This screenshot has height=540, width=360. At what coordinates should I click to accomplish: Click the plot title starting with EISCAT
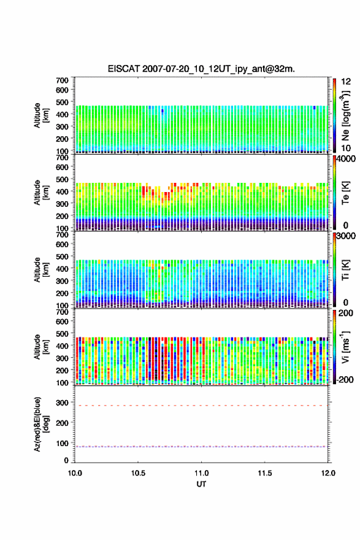tap(201, 69)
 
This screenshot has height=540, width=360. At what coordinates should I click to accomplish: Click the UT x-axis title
tap(201, 484)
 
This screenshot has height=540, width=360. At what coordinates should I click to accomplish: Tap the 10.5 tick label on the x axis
tap(137, 473)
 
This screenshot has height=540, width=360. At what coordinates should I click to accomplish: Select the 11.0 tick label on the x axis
tap(201, 473)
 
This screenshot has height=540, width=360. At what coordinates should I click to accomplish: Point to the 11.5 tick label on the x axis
tap(265, 473)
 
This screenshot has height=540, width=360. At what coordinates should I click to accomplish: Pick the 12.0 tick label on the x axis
tap(328, 473)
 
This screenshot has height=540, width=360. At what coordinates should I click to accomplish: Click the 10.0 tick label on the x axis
tap(75, 473)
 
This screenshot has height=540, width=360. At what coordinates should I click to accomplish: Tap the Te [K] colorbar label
tap(345, 193)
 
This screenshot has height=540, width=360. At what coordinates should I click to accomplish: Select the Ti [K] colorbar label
tap(345, 269)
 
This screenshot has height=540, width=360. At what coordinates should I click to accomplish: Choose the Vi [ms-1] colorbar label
tap(345, 347)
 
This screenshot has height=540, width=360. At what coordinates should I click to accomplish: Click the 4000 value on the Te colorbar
tap(347, 159)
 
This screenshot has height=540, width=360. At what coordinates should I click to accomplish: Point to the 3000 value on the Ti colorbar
tap(346, 236)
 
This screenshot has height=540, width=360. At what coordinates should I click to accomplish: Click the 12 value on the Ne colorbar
tap(346, 82)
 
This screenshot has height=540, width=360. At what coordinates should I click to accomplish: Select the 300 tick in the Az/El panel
tap(63, 403)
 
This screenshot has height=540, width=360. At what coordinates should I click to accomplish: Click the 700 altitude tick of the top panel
tap(63, 80)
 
